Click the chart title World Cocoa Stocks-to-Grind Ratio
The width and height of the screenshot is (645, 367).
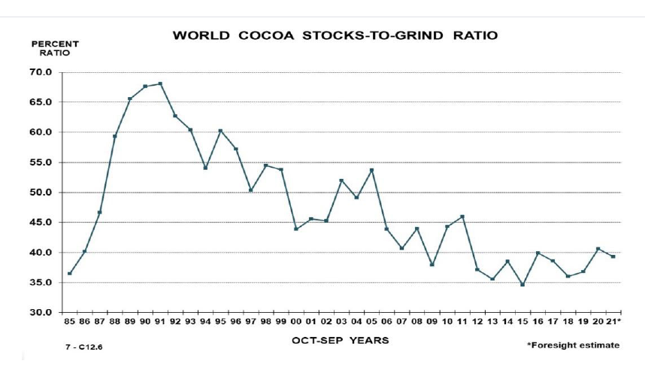[x=335, y=35]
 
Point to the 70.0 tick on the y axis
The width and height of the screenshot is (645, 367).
[x=40, y=72]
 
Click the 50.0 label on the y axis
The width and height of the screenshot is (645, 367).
[x=40, y=193]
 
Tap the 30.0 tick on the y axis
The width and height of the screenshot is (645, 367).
[x=40, y=312]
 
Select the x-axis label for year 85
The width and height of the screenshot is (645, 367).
[x=69, y=323]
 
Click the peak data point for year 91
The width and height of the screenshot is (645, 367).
[x=160, y=83]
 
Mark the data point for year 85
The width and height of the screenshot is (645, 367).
[x=69, y=274]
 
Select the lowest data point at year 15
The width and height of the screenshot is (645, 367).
[x=522, y=284]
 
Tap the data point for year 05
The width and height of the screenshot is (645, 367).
[x=371, y=170]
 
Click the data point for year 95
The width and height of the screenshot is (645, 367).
[x=220, y=131]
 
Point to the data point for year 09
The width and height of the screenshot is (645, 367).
[x=432, y=265]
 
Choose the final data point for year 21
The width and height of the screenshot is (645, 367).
[x=613, y=256]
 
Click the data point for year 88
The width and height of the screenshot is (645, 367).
[x=115, y=136]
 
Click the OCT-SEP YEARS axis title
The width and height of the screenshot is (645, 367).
[x=341, y=341]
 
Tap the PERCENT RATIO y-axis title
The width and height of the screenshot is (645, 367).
[x=54, y=48]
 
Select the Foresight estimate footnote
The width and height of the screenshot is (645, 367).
[x=574, y=345]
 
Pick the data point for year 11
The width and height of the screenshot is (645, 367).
[x=462, y=217]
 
